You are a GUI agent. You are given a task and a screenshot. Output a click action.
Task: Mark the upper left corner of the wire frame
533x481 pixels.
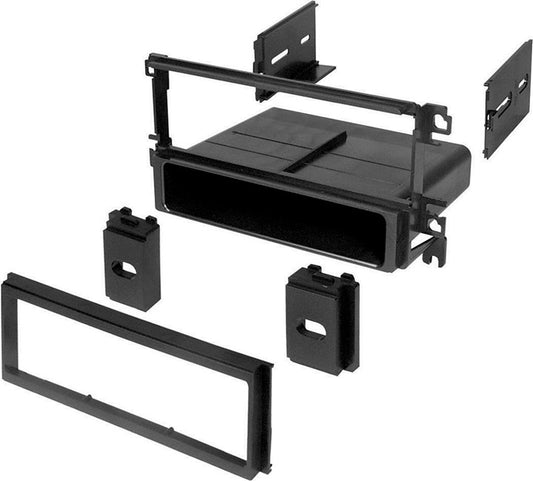pos(151,62)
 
